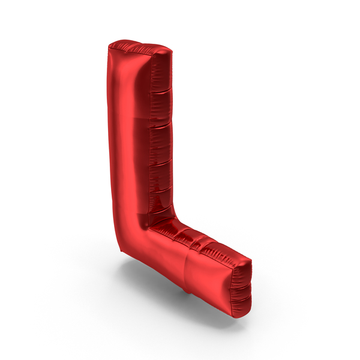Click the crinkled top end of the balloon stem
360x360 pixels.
[x=140, y=49]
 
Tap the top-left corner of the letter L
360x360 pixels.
[x=109, y=46]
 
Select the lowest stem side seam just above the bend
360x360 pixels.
[x=160, y=211]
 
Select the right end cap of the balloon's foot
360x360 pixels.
[x=241, y=289]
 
